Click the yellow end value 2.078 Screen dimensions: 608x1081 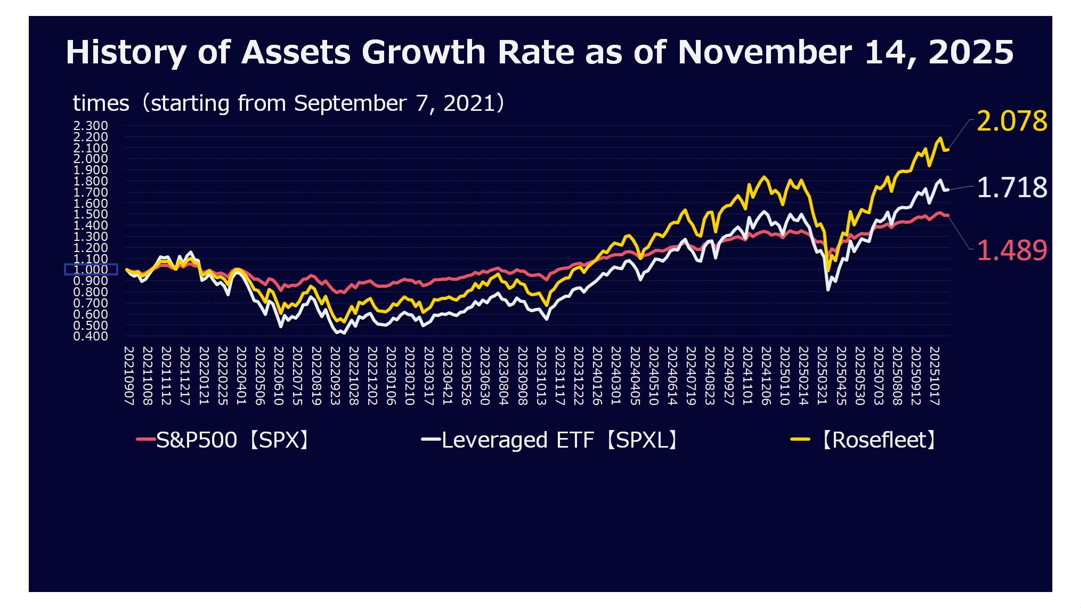1011,121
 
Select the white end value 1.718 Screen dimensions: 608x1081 1011,188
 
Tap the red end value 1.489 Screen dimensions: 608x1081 1011,250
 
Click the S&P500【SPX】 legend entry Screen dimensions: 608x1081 224,440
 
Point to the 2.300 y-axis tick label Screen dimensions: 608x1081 91,126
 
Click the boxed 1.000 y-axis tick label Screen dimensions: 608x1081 91,270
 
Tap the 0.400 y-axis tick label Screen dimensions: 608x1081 91,336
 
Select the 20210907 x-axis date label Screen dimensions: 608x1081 129,376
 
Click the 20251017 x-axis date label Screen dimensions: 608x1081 934,376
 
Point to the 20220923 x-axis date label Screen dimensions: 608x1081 335,376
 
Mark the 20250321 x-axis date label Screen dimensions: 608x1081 822,376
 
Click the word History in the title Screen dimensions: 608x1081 126,53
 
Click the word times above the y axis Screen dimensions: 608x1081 101,103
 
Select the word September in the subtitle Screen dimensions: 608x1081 350,103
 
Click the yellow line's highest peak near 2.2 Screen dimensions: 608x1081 940,138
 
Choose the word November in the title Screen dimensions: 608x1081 765,53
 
